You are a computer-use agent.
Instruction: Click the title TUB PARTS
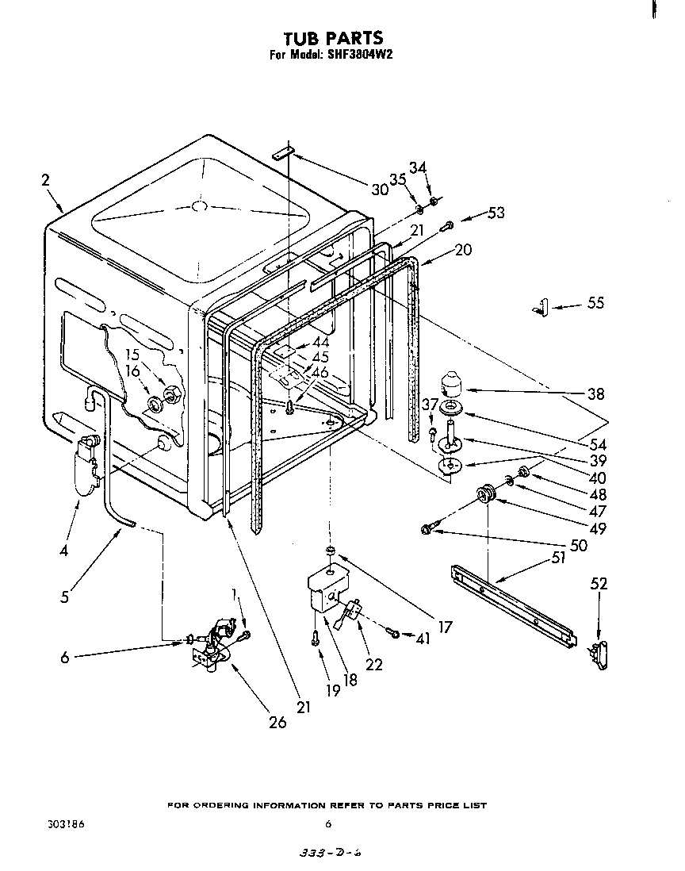pyautogui.click(x=333, y=37)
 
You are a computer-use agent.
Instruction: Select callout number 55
pyautogui.click(x=595, y=303)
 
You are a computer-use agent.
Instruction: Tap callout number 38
pyautogui.click(x=595, y=393)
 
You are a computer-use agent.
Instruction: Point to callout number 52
pyautogui.click(x=599, y=584)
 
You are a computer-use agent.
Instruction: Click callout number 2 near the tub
pyautogui.click(x=46, y=181)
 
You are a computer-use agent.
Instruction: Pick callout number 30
pyautogui.click(x=380, y=189)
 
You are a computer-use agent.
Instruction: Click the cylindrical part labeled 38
pyautogui.click(x=453, y=383)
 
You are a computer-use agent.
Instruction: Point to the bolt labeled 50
pyautogui.click(x=430, y=528)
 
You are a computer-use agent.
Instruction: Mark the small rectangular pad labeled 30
pyautogui.click(x=285, y=152)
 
